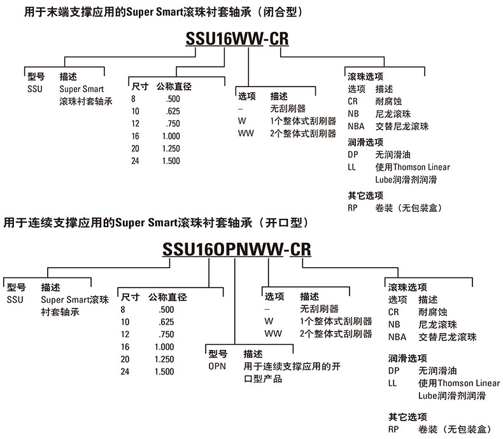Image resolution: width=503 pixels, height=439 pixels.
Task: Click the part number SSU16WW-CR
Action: tap(236, 39)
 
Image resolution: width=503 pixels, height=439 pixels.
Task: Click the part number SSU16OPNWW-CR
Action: tap(237, 248)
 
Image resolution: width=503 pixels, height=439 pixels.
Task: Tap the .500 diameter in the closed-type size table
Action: tap(171, 99)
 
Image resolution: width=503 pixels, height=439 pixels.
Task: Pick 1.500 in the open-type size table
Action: tap(164, 371)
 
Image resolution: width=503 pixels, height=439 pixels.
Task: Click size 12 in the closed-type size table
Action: tap(136, 123)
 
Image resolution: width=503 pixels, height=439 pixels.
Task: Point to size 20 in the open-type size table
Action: tap(125, 359)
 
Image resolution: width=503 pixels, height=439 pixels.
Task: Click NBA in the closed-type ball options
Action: tap(357, 126)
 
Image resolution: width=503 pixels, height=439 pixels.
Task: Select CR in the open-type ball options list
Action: tap(393, 312)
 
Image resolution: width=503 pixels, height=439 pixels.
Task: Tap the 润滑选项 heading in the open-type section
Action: tap(407, 358)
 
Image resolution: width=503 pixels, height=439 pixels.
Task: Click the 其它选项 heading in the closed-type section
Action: tap(365, 195)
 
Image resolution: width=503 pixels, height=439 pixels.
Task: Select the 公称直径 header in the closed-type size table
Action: tap(173, 86)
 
